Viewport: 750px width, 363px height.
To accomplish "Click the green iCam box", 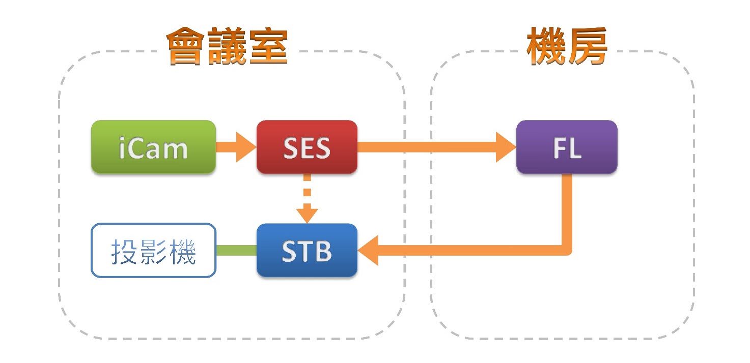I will (153, 147).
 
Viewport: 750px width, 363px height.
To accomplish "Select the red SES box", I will (307, 147).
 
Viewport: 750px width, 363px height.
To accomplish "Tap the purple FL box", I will (566, 147).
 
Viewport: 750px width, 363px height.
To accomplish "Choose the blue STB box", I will (307, 251).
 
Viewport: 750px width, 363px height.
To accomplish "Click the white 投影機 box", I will (153, 251).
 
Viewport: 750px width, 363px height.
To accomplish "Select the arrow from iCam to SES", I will (236, 147).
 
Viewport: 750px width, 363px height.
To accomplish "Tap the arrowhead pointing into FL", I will (506, 147).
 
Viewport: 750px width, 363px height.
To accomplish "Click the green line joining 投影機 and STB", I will (236, 250).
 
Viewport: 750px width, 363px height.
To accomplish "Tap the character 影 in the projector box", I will (153, 251).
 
